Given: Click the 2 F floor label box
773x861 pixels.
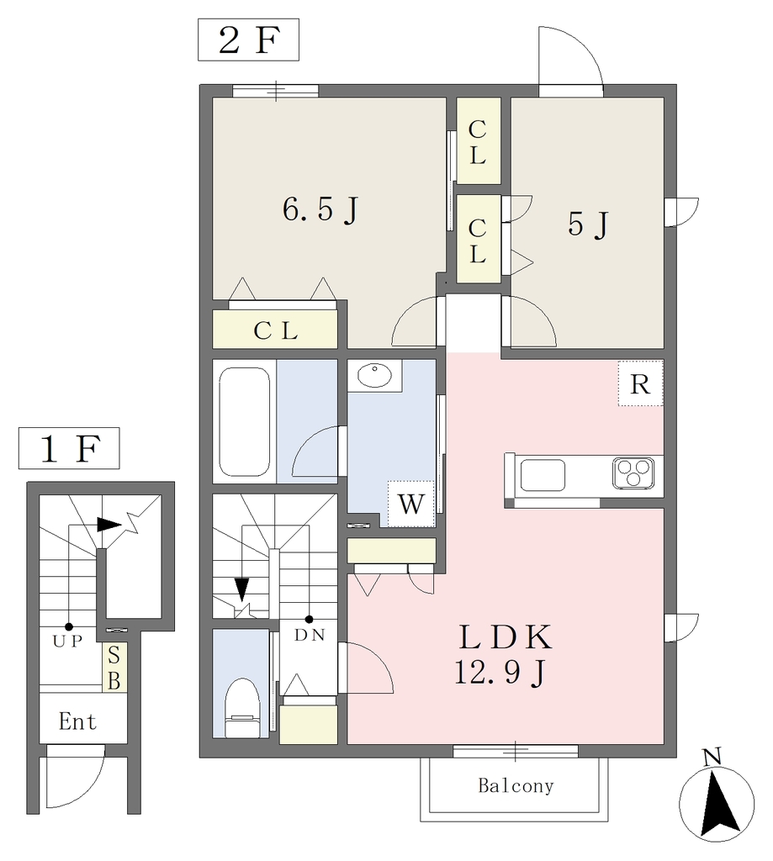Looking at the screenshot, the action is [x=248, y=40].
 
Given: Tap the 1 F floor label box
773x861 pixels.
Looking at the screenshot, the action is [x=69, y=448].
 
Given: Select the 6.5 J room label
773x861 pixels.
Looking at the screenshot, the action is [x=320, y=209].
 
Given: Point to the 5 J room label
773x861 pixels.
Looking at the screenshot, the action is [x=589, y=224].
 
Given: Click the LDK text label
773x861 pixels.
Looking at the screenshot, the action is [x=505, y=637].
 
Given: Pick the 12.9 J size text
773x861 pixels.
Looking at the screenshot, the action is [x=500, y=672].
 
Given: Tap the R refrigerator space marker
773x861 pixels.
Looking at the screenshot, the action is [x=640, y=383].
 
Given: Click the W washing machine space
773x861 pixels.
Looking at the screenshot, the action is [x=411, y=504].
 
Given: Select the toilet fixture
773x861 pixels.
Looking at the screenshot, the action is [x=242, y=707].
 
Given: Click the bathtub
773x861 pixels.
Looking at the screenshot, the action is [x=245, y=422].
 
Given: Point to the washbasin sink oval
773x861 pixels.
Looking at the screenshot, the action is [x=374, y=376].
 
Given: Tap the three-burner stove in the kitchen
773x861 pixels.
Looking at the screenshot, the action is [x=633, y=473].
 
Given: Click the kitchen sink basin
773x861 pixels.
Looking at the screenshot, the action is [x=543, y=475].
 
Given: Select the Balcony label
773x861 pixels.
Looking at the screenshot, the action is [x=516, y=786].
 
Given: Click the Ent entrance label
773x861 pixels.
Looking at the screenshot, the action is [x=77, y=721].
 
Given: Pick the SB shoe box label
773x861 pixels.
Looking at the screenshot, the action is [x=114, y=667].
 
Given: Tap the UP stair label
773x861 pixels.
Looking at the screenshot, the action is [x=67, y=640].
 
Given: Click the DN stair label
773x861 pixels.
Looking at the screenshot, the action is [x=310, y=635].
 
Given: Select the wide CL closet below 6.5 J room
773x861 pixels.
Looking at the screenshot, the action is [x=275, y=330].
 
